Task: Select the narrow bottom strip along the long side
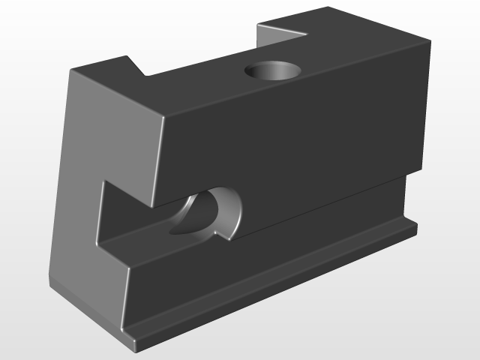pos(277,285)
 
